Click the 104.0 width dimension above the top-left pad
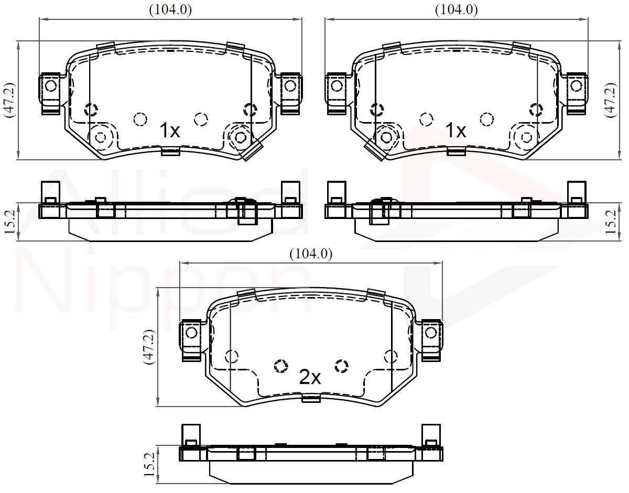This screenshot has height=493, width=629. click(170, 10)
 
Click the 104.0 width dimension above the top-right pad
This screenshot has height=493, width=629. click(457, 10)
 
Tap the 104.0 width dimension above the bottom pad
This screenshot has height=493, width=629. click(311, 254)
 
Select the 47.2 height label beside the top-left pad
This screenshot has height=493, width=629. click(9, 100)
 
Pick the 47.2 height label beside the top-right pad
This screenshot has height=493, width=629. click(611, 100)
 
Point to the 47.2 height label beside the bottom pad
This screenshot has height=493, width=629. click(149, 347)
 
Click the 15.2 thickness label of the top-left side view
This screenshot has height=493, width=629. click(9, 222)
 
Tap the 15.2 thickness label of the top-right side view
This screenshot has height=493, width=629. click(611, 222)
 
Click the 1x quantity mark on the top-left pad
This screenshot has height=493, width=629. click(170, 130)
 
